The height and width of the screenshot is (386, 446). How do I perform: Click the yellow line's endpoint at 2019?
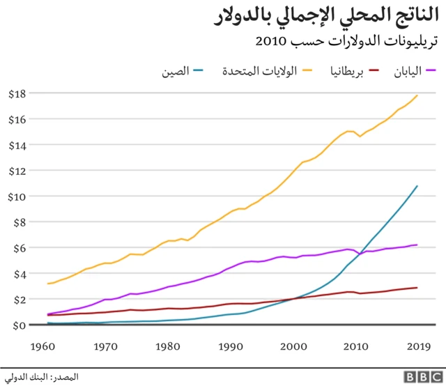[417, 95]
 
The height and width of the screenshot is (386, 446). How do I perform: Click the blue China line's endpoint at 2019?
[417, 186]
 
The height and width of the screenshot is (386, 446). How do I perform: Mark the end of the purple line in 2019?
[417, 245]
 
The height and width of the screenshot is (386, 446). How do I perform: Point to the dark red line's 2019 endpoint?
[417, 288]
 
